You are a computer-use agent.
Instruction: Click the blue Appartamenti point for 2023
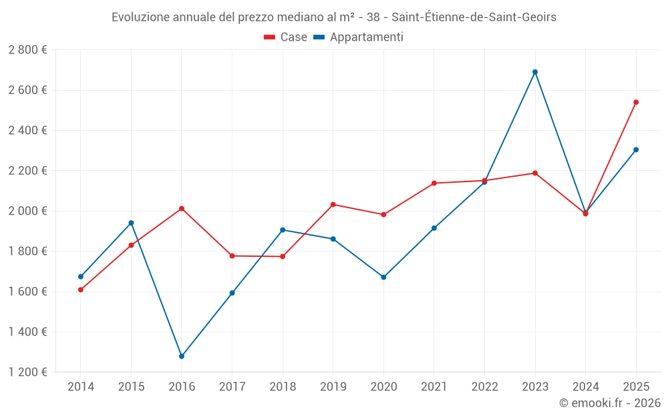click(x=535, y=72)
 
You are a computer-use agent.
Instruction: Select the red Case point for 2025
click(x=636, y=102)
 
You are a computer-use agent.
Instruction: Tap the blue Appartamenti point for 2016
click(x=182, y=356)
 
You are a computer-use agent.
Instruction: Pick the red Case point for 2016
click(x=182, y=209)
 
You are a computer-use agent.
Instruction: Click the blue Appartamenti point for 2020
click(x=383, y=277)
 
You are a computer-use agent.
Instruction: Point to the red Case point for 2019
click(x=333, y=204)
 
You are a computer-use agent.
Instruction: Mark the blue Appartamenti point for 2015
click(x=131, y=223)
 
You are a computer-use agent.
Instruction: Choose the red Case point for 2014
click(x=81, y=290)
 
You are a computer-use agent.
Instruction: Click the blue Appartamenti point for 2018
click(x=283, y=230)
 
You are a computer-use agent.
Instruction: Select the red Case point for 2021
click(x=434, y=183)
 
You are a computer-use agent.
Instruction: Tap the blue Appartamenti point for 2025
click(x=636, y=149)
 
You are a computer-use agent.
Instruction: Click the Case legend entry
click(x=286, y=37)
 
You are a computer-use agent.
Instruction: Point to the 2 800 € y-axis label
click(x=27, y=50)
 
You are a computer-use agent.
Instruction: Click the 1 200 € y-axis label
click(x=27, y=372)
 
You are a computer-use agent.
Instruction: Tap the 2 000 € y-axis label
click(x=27, y=211)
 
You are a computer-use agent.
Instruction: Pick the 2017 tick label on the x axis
click(x=232, y=386)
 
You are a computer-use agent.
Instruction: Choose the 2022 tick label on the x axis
click(x=484, y=386)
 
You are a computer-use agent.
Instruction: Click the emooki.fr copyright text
click(x=609, y=403)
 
